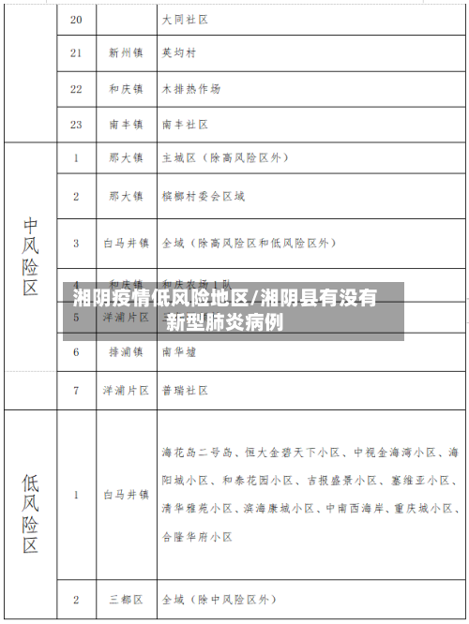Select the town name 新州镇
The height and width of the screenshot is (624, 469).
tap(125, 53)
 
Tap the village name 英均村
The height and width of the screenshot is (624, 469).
tap(178, 53)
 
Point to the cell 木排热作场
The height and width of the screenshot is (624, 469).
tap(191, 89)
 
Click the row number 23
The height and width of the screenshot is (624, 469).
tap(76, 124)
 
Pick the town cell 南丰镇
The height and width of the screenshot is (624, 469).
tap(125, 124)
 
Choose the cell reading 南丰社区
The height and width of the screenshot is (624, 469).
tap(185, 124)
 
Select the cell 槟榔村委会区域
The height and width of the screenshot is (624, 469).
tap(204, 196)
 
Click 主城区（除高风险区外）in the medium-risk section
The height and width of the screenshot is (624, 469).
tap(224, 158)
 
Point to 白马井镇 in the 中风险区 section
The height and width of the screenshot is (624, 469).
tap(125, 243)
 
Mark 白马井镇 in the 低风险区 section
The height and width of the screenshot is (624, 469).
tap(125, 493)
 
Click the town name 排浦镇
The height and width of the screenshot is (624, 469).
tap(125, 352)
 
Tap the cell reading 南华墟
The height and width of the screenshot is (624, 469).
tap(179, 352)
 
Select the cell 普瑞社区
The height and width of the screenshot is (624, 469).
tap(184, 389)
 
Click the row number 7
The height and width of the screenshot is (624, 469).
tap(76, 389)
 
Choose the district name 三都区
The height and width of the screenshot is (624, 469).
tap(125, 597)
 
